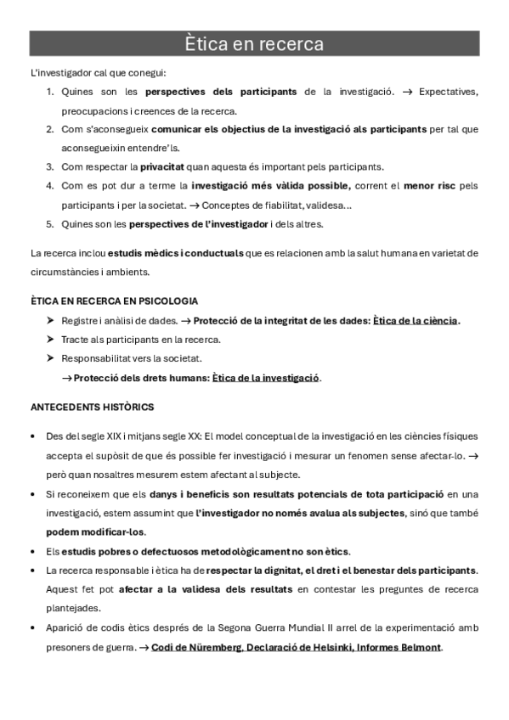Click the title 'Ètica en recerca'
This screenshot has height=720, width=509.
point(254,43)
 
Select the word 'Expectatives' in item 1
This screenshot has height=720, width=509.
point(449,92)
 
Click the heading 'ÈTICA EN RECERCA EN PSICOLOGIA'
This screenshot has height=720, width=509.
point(114,301)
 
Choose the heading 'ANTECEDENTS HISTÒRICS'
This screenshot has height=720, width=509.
point(92,408)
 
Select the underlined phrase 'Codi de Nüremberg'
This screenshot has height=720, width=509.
point(195,648)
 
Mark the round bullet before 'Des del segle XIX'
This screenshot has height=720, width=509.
point(32,436)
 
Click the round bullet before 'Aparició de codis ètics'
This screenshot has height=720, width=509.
point(32,628)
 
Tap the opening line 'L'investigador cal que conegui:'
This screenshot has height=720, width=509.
point(98,71)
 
